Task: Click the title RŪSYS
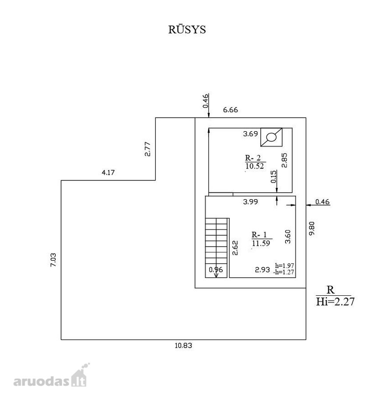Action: [187, 29]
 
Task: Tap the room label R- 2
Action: [253, 158]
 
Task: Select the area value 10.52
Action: [255, 166]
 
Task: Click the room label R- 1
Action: [259, 235]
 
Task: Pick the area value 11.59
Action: [261, 243]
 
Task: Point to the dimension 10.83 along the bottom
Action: [183, 345]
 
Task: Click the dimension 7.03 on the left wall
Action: [53, 260]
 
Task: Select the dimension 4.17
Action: [108, 172]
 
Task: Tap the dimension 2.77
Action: [148, 149]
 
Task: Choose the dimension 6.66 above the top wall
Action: [230, 110]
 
